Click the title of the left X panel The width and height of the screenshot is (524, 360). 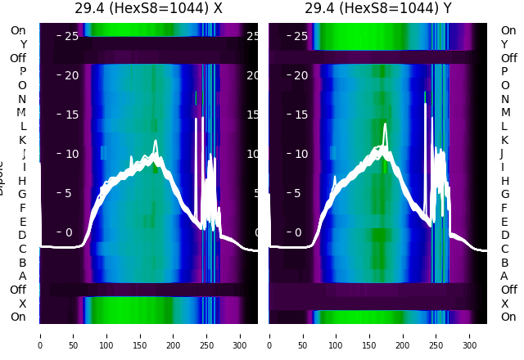coord(148,9)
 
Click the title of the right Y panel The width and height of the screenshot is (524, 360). coord(378,9)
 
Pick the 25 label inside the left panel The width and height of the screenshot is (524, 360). coord(71,36)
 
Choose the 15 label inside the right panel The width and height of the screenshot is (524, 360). coord(300,115)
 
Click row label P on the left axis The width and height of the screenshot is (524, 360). coord(23,72)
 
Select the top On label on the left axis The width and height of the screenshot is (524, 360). coord(18,30)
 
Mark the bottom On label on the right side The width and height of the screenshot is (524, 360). coord(508,317)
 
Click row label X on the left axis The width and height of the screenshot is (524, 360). coord(23,304)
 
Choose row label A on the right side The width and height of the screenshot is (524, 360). coord(504,276)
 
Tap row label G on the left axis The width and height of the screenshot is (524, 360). coord(22,194)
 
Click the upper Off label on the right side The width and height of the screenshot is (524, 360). coord(508,58)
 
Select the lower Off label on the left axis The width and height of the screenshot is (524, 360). coord(18,290)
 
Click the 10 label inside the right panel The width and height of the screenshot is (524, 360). coord(300,154)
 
